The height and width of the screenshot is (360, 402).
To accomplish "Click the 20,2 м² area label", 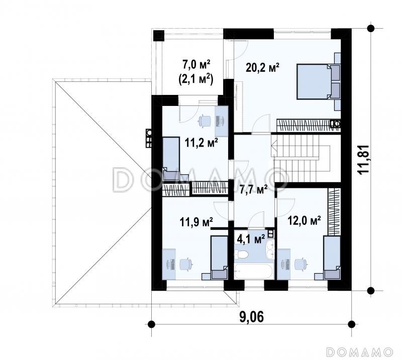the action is [262, 68].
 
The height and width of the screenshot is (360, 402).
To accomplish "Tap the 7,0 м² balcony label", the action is [196, 65].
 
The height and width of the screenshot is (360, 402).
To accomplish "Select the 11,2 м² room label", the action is [202, 143].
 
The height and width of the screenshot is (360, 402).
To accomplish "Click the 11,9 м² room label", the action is [196, 222].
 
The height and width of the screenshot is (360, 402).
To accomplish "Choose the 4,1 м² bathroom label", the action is [251, 239].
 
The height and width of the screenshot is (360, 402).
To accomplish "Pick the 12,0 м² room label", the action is [304, 220].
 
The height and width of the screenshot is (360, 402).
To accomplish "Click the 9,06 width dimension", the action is [251, 317].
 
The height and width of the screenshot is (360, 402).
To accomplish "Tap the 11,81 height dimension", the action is [363, 160].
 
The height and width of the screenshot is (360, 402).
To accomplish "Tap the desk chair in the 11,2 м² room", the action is [205, 121].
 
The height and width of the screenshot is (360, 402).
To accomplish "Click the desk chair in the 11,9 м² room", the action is [185, 264].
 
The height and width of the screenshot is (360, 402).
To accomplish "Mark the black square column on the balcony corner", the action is [158, 36].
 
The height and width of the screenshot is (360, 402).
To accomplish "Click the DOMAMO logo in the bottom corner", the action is [360, 352].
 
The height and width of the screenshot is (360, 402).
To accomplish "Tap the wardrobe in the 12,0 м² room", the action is [334, 212].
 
